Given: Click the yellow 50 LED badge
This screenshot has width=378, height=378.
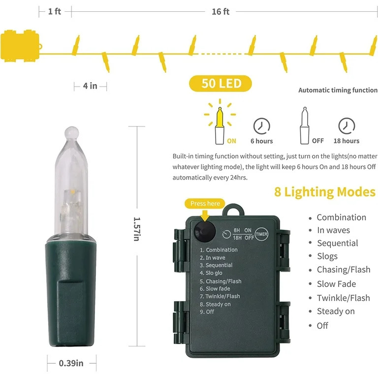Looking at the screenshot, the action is click(220, 83).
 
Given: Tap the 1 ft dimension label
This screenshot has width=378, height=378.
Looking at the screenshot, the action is click(55, 11).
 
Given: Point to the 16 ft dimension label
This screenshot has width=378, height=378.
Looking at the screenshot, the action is click(220, 12).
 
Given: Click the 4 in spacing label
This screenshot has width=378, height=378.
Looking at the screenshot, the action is click(90, 86).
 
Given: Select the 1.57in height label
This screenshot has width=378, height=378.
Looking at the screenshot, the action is click(137, 229).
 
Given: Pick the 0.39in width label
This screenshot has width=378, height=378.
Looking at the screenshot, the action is click(71, 363).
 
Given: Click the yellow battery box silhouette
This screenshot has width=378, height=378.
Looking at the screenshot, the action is click(21, 46).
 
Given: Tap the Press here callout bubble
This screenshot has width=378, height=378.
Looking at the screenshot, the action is click(205, 204).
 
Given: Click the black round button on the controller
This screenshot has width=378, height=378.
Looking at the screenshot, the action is click(205, 231).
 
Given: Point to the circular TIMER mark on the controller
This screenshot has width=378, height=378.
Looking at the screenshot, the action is click(261, 234).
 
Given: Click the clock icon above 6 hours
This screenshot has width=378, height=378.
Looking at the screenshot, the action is click(261, 126).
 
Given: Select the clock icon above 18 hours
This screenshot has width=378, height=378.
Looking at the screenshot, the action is click(346, 126).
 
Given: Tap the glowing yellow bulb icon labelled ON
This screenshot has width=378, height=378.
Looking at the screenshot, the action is click(220, 122).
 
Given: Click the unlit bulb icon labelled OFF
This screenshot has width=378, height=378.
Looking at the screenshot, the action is click(305, 126).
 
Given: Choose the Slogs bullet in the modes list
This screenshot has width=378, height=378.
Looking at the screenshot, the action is click(327, 256).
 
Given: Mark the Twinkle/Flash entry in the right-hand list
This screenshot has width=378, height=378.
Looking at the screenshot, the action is click(343, 298).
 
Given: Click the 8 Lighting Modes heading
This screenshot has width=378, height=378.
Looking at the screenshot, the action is click(325, 192).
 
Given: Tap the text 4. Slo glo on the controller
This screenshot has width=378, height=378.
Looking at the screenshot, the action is click(211, 273).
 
